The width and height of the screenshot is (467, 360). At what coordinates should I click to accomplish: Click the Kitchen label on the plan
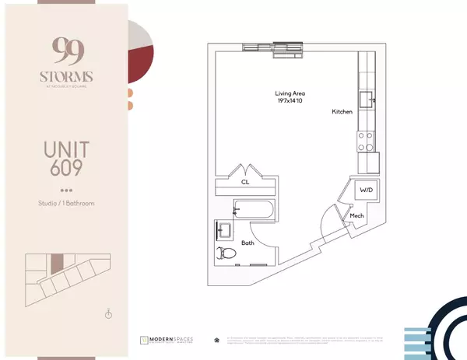tap(342, 112)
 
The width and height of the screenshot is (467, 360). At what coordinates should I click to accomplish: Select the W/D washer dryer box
tap(366, 190)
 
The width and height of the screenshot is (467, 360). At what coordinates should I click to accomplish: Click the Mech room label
tap(357, 216)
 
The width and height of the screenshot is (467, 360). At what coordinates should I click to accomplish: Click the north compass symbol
tap(109, 314)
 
